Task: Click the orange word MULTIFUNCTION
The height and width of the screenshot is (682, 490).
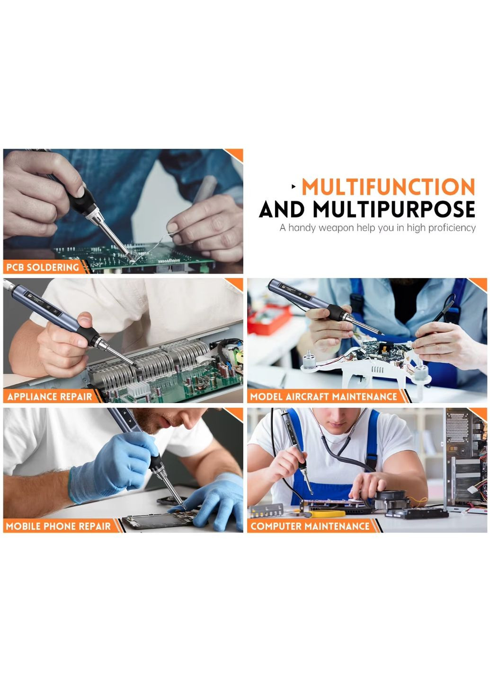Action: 388,187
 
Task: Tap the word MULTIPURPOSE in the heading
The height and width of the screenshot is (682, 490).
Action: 394,209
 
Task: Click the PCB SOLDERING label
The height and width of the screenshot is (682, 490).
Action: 42,267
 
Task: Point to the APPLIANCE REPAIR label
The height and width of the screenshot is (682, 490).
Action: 50,397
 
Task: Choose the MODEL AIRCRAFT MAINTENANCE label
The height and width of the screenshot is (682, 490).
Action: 323,397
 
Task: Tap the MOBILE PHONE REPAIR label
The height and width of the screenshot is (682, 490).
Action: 58,526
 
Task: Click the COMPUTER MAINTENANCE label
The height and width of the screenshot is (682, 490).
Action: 310,526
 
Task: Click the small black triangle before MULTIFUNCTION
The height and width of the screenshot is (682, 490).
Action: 294,187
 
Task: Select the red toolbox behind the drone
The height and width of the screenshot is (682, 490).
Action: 269,319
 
